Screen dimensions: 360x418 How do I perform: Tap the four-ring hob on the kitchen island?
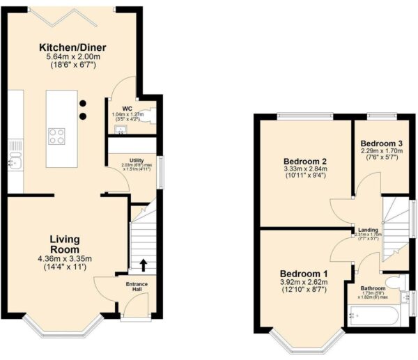57,136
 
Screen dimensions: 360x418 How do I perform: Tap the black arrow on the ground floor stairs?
144,264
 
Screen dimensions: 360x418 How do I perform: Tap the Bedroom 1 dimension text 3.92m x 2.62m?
304,283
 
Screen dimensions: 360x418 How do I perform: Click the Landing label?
368,230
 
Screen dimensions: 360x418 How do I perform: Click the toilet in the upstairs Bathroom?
395,281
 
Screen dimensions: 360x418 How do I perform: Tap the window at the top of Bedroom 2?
304,115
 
